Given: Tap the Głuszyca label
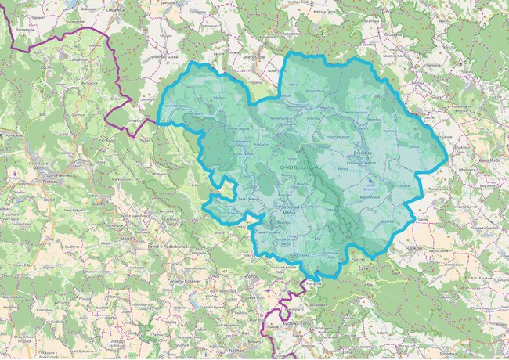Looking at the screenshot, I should (392, 34).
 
